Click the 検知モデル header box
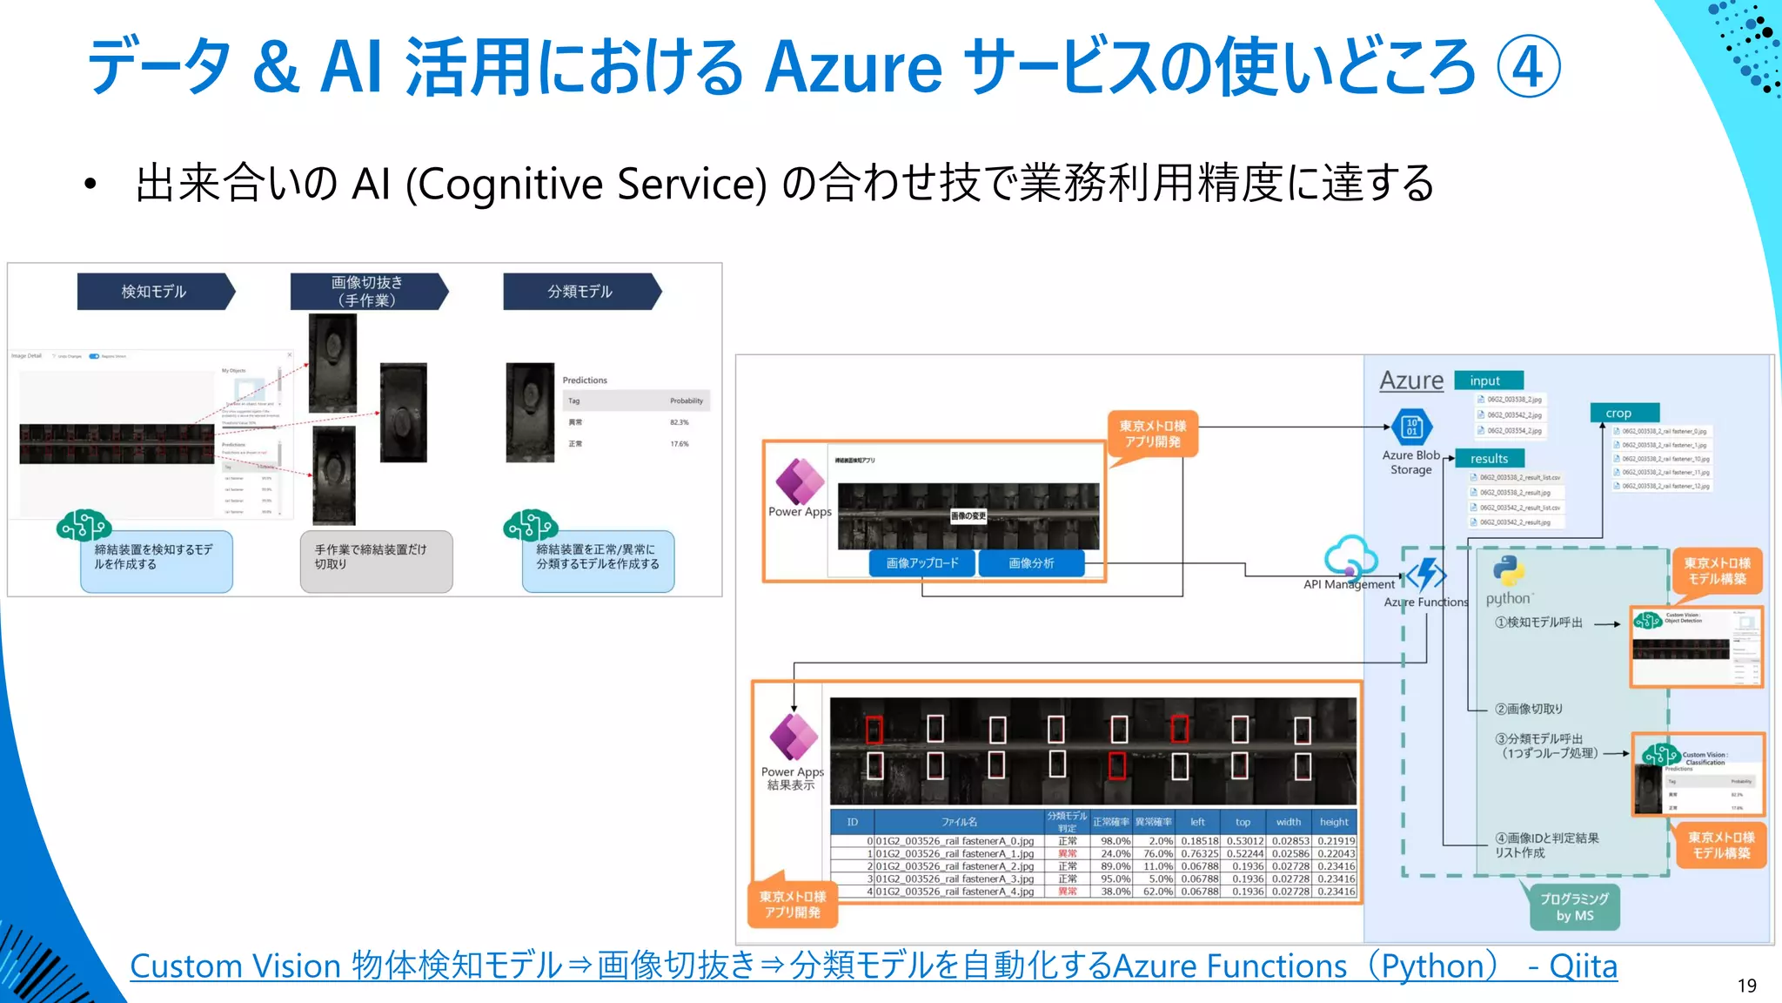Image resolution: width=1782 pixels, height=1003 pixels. (154, 292)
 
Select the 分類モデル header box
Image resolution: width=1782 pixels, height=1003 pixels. (579, 292)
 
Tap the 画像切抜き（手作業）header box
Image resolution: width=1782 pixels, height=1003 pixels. (367, 292)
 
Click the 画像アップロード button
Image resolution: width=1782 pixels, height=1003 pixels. (922, 563)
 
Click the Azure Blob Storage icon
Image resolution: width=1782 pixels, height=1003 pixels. (1411, 427)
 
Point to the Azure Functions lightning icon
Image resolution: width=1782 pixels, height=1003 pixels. (1427, 575)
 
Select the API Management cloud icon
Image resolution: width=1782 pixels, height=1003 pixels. (1350, 556)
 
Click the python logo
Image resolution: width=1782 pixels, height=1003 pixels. (1508, 571)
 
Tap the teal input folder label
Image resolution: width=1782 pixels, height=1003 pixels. (1488, 380)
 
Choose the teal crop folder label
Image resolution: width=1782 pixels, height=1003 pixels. (1624, 413)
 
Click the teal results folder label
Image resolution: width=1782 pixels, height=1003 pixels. (1490, 459)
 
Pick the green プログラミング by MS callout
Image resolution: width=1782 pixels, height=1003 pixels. (1575, 907)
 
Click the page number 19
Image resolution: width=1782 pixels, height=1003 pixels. (1746, 986)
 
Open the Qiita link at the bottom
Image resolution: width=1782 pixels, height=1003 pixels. (873, 966)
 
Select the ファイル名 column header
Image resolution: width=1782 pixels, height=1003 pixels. (959, 822)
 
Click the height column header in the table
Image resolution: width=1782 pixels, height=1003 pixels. (1334, 822)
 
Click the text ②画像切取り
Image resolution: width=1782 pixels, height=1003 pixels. (1528, 709)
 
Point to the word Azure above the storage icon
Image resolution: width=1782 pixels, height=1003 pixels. (1411, 380)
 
